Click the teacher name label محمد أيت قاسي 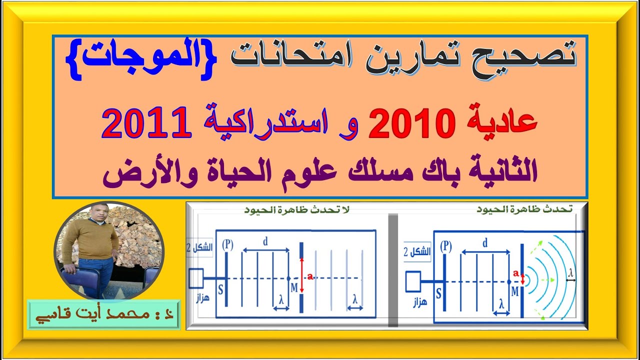tap(103, 315)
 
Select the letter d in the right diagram tap(485, 243)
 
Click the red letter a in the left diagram tap(310, 277)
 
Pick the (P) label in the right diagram tap(446, 246)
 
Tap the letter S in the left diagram tap(221, 289)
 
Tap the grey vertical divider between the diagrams tap(393, 270)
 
